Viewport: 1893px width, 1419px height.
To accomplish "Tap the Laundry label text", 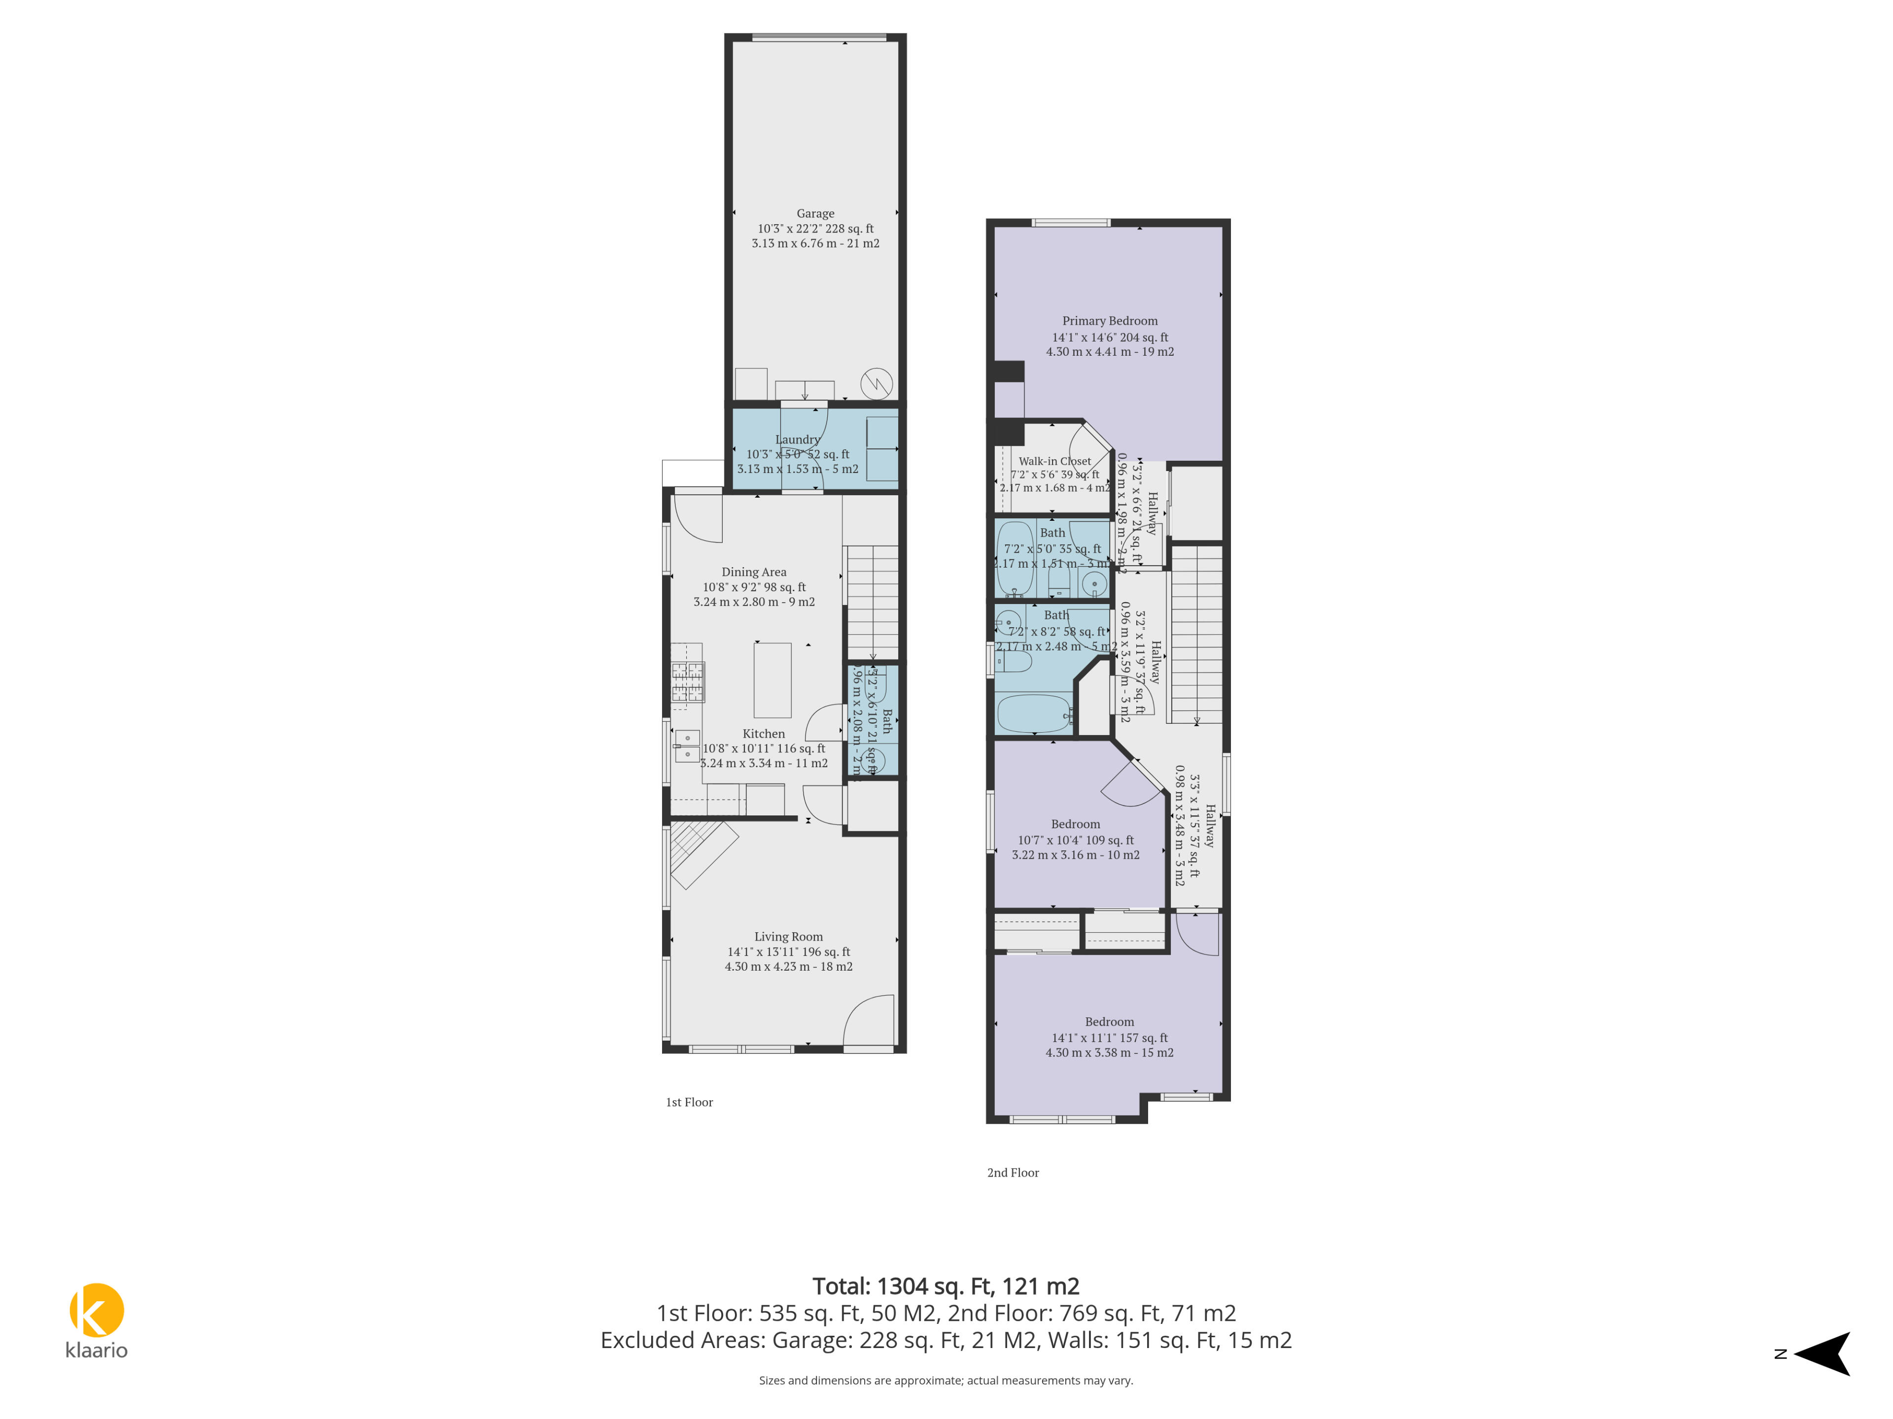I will coord(797,439).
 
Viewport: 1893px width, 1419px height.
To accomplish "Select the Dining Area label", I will coord(753,572).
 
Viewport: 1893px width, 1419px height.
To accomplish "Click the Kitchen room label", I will coord(763,734).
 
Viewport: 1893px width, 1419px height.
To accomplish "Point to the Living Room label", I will coord(788,937).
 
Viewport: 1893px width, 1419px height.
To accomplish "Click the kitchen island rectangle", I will coord(772,680).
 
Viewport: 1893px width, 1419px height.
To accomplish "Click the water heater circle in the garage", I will coord(876,383).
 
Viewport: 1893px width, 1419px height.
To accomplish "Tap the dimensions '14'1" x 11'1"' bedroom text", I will coord(1109,1038).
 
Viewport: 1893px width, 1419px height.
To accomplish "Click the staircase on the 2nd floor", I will coord(1195,633).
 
